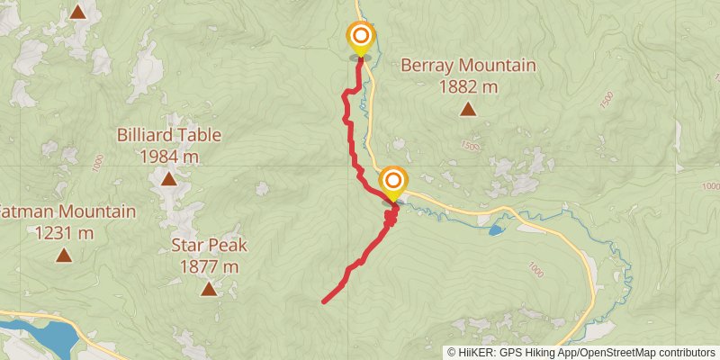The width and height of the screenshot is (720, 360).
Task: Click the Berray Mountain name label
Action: pyautogui.click(x=468, y=66)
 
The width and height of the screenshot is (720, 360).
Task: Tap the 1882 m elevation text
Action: pyautogui.click(x=468, y=86)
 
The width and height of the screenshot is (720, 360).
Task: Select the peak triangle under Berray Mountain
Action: pyautogui.click(x=468, y=110)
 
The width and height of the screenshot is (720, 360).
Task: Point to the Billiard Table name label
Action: pyautogui.click(x=168, y=136)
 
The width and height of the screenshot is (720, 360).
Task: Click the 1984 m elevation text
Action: pyautogui.click(x=168, y=157)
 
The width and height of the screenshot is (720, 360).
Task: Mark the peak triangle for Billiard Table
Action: pyautogui.click(x=168, y=179)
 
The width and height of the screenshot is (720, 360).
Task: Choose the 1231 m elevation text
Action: pyautogui.click(x=63, y=233)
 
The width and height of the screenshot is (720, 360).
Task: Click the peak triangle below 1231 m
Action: pyautogui.click(x=63, y=256)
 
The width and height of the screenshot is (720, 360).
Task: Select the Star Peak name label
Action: pyautogui.click(x=209, y=246)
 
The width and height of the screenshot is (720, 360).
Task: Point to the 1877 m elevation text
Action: pyautogui.click(x=209, y=266)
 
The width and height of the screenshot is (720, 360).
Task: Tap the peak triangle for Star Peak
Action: pyautogui.click(x=209, y=289)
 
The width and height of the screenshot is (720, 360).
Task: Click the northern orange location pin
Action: pyautogui.click(x=361, y=37)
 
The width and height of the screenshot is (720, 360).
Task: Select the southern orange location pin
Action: pyautogui.click(x=392, y=181)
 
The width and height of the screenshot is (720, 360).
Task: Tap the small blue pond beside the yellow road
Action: pyautogui.click(x=496, y=230)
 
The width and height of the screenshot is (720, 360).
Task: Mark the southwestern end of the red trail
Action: pyautogui.click(x=324, y=301)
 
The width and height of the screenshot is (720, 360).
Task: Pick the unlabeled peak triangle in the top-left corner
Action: pyautogui.click(x=78, y=13)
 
